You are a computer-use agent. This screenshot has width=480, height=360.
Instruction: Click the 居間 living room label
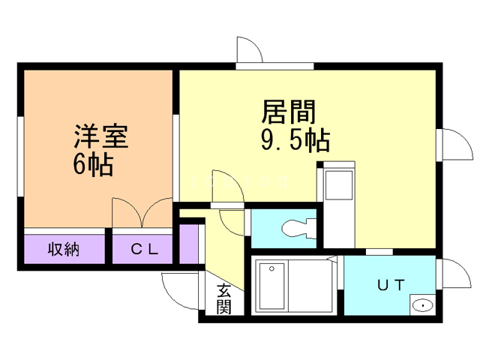point(288,112)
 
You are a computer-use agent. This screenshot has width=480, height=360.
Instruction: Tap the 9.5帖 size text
point(295,140)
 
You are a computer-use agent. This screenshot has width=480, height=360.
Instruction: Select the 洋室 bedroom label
point(100,136)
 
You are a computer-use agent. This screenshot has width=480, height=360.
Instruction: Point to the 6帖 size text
point(93,165)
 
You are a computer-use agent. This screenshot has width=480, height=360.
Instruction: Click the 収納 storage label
point(64,249)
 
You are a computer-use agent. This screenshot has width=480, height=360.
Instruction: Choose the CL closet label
point(145,250)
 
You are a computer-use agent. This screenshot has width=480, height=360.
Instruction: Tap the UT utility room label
point(391,285)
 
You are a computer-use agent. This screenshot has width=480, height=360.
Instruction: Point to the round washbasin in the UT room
point(422,305)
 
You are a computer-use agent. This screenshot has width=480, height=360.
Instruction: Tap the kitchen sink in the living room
point(338,185)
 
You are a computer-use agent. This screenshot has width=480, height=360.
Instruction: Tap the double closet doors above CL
point(142,212)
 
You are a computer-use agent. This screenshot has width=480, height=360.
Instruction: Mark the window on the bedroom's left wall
point(20,156)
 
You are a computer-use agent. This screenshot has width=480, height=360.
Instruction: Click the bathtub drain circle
point(271,268)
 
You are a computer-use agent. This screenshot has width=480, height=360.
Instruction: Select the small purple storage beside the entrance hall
point(189,244)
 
